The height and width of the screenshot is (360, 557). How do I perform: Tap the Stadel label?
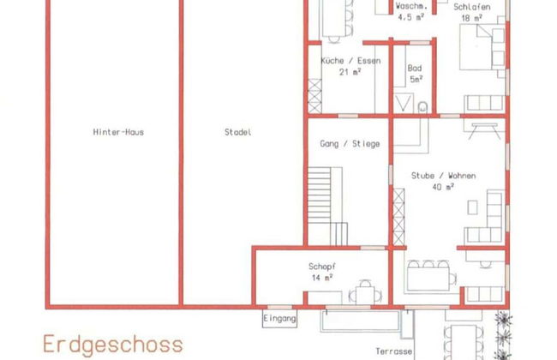(237, 132)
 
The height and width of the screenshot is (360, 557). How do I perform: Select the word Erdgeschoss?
(113, 345)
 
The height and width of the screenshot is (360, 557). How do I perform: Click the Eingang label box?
(280, 318)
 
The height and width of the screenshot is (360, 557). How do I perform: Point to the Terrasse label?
(395, 351)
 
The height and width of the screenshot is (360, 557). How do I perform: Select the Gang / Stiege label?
(350, 144)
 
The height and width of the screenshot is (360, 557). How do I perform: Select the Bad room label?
(415, 67)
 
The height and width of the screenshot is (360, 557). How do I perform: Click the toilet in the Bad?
(423, 107)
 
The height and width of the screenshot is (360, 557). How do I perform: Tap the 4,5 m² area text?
(410, 15)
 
